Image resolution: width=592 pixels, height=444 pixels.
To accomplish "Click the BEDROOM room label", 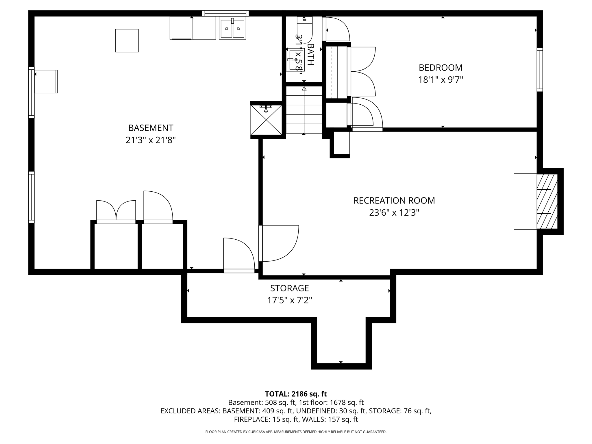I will [x=440, y=68].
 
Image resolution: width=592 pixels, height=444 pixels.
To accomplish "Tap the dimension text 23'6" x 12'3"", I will [x=394, y=213].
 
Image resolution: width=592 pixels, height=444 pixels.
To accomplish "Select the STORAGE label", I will [x=289, y=288].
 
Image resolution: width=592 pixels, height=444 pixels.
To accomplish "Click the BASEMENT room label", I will [x=151, y=128].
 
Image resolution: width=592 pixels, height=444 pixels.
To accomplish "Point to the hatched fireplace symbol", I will [x=547, y=201].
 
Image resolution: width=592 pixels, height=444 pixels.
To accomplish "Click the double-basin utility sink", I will [x=232, y=28].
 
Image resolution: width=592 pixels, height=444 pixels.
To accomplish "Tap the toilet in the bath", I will [x=305, y=29].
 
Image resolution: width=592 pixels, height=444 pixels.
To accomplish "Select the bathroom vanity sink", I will [x=296, y=60].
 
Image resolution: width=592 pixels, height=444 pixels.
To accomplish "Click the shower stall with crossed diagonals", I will [x=266, y=120].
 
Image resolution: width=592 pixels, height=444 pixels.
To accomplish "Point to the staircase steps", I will [x=304, y=110].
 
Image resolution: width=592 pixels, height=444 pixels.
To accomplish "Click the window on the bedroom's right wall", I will [x=540, y=70].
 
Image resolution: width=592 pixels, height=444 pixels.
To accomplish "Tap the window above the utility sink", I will [x=225, y=13].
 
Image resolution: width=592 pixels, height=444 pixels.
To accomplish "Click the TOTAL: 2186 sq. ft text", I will [x=296, y=394].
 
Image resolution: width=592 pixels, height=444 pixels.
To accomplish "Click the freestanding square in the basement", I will [x=127, y=40].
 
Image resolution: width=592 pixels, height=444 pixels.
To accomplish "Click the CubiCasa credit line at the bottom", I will [x=296, y=432].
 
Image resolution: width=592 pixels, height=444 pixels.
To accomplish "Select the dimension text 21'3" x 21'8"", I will [x=151, y=140].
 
